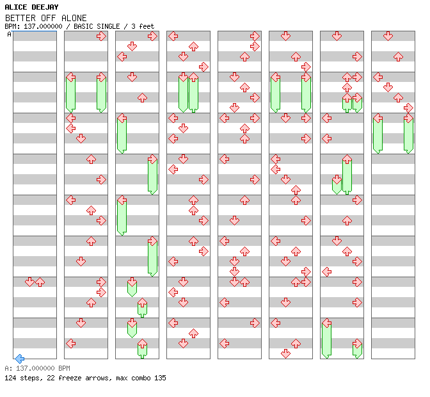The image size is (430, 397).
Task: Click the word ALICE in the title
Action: pyautogui.click(x=17, y=6)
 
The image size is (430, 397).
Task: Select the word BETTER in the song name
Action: pyautogui.click(x=20, y=18)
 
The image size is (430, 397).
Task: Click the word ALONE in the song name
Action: pyautogui.click(x=74, y=18)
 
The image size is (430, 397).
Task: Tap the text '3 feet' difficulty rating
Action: pyautogui.click(x=143, y=26)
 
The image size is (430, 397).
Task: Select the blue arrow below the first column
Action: pyautogui.click(x=19, y=359)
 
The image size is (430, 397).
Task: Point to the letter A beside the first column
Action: pyautogui.click(x=9, y=35)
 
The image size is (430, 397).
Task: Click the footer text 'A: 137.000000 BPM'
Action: pyautogui.click(x=37, y=369)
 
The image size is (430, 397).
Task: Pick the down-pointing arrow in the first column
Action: pyautogui.click(x=29, y=282)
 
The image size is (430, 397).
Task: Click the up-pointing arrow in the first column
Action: pyautogui.click(x=40, y=282)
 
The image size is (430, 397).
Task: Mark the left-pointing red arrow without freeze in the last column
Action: pyautogui.click(x=378, y=77)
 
